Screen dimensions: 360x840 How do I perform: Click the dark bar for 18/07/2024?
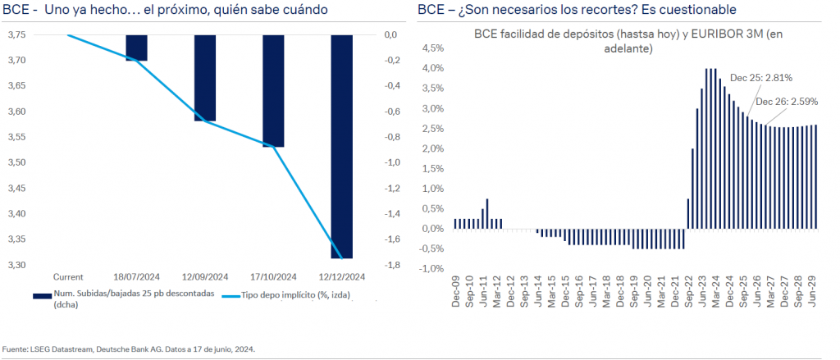click(x=136, y=48)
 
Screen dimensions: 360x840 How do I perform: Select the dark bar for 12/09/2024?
click(x=204, y=78)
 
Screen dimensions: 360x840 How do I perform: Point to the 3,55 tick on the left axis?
click(x=16, y=137)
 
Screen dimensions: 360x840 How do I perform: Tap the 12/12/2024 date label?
click(x=341, y=276)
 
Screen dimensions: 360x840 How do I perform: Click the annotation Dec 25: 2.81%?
click(x=761, y=78)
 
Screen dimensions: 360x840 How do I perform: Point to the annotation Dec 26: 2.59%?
click(x=785, y=102)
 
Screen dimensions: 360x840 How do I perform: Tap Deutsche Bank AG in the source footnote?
click(x=126, y=349)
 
